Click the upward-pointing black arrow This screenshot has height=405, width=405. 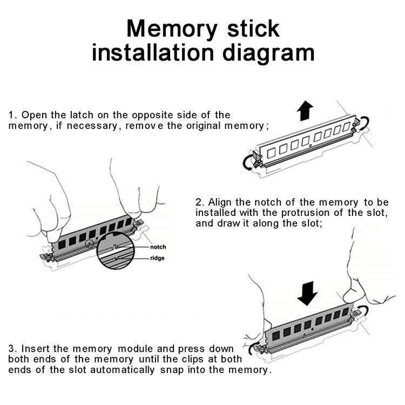(x=305, y=112)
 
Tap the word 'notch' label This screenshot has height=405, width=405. (x=158, y=247)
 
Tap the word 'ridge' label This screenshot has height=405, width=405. (x=157, y=258)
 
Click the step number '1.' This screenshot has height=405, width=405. (x=13, y=115)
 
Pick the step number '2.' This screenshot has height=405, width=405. (x=200, y=202)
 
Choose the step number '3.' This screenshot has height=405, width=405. (x=13, y=348)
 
